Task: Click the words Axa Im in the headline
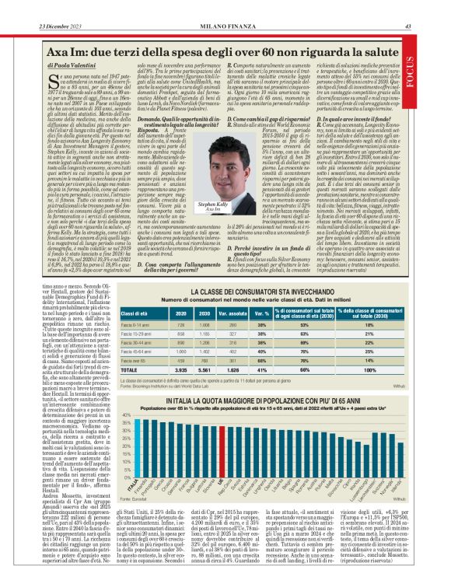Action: tap(46, 51)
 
